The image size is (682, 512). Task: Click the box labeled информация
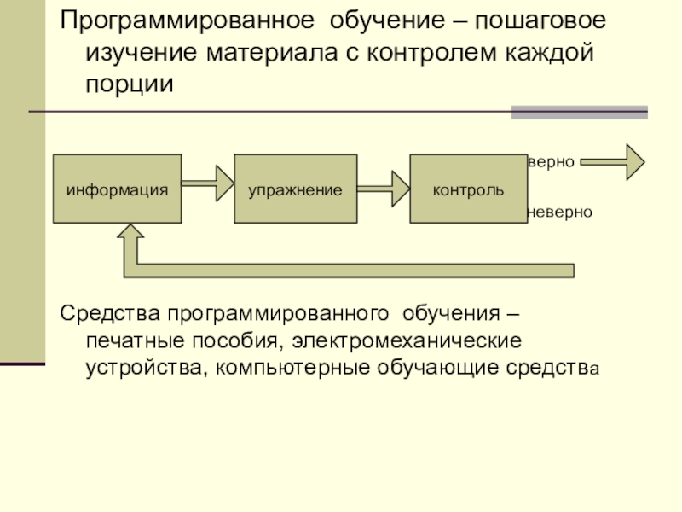[118, 189]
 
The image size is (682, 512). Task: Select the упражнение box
[295, 189]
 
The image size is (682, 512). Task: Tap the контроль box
[468, 189]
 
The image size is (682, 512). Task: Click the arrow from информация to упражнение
[208, 181]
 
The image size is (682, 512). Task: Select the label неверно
[560, 211]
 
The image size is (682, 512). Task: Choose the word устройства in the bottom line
[145, 369]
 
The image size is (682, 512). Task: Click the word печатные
[132, 341]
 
